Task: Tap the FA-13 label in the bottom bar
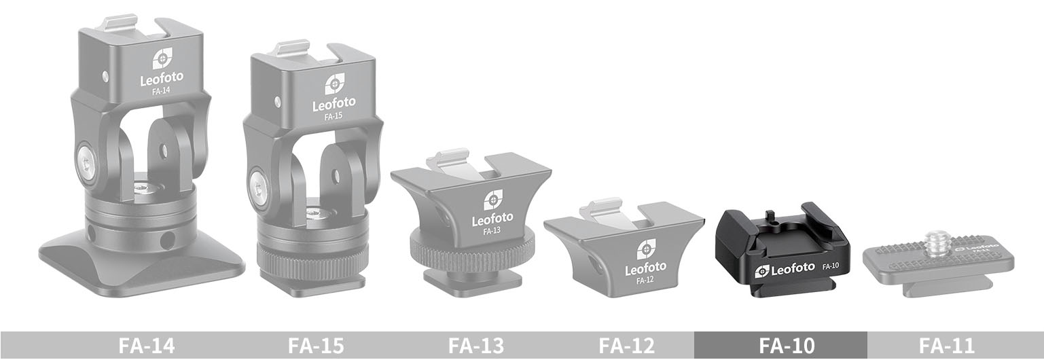[x=475, y=346]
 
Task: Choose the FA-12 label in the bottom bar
[x=626, y=346]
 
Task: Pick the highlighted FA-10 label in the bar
[x=780, y=346]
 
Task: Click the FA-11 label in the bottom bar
[x=946, y=346]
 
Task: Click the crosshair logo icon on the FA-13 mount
[x=492, y=201]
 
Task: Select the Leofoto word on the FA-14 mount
[x=162, y=79]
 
